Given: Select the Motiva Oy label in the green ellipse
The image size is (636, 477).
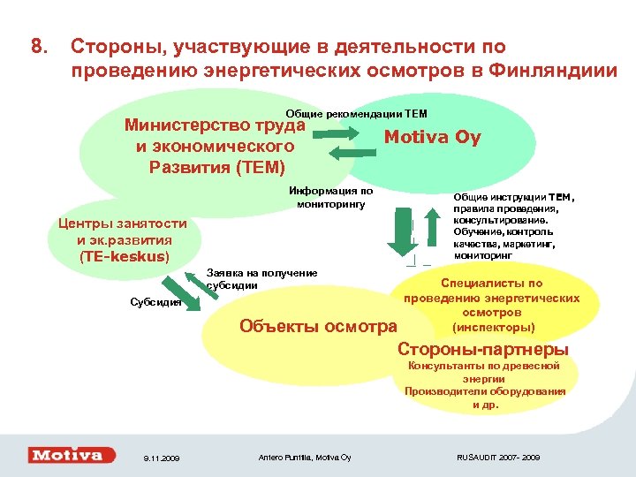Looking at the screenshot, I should click(432, 138).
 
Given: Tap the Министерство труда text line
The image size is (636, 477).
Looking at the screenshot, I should click(215, 125).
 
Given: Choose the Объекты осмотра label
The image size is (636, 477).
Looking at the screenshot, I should click(318, 327).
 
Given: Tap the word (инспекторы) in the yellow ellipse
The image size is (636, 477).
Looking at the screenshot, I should click(492, 327).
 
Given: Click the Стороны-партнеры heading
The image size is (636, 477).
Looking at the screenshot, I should click(483, 350).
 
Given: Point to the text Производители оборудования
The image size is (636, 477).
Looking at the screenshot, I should click(485, 390).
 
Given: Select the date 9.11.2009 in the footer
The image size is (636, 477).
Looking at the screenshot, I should click(160, 458).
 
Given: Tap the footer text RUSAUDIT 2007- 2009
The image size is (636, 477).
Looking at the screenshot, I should click(497, 457).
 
